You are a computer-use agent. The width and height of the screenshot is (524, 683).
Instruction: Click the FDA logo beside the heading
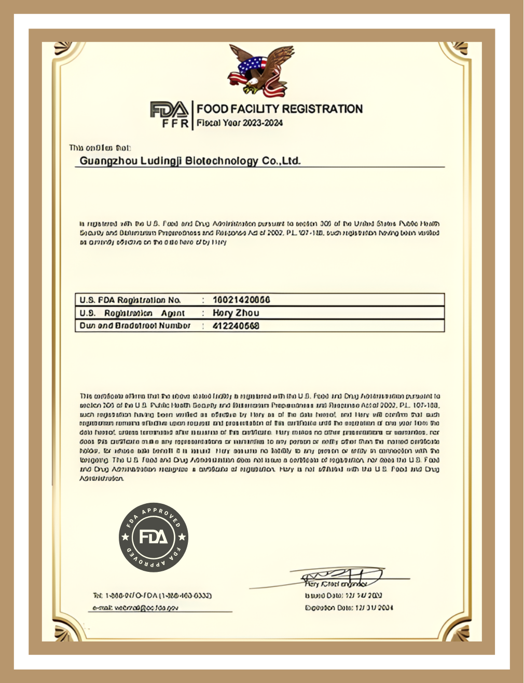tap(169, 110)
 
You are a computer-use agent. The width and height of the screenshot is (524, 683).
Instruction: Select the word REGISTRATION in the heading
tap(322, 109)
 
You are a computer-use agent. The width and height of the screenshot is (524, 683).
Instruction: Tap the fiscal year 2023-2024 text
tap(239, 124)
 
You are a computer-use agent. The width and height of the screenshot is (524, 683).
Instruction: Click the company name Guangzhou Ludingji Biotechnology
tap(190, 161)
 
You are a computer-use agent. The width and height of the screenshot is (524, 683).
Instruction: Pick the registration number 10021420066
tap(241, 300)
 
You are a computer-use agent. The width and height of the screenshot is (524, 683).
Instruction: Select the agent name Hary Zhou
tap(236, 313)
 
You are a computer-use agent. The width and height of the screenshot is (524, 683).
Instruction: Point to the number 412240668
tap(236, 326)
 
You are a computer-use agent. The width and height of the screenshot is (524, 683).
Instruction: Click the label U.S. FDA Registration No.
tap(130, 300)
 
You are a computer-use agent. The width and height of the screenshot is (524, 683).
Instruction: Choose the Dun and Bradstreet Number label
tap(135, 326)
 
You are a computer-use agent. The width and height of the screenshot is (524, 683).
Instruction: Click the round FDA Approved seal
tap(154, 537)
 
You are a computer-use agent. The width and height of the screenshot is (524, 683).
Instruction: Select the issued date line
tap(343, 596)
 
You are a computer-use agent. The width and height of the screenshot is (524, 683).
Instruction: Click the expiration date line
tap(349, 608)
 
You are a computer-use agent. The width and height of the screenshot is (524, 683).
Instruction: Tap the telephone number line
tap(151, 596)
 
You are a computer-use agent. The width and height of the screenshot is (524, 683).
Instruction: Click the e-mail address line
tap(135, 608)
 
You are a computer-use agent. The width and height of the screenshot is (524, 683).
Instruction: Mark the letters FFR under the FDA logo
tap(175, 124)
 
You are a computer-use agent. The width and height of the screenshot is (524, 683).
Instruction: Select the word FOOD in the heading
tap(212, 109)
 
